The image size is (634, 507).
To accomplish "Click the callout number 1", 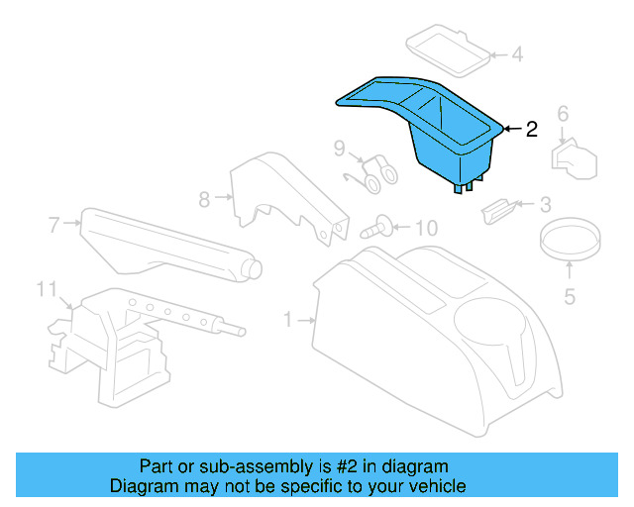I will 288,320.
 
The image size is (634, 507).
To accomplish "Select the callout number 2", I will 532,129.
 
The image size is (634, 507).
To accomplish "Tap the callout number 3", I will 544,206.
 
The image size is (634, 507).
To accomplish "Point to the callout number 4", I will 516,54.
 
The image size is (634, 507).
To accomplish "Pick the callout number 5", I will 570,295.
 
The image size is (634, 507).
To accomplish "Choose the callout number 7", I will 54,224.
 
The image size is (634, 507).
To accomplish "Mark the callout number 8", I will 204,199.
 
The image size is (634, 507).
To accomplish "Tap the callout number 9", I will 339,150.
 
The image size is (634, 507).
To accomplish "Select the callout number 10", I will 425,229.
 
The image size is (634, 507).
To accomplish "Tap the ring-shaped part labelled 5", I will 570,239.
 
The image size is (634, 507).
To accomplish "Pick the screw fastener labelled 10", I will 376,228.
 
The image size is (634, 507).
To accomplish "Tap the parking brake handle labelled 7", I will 168,243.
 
